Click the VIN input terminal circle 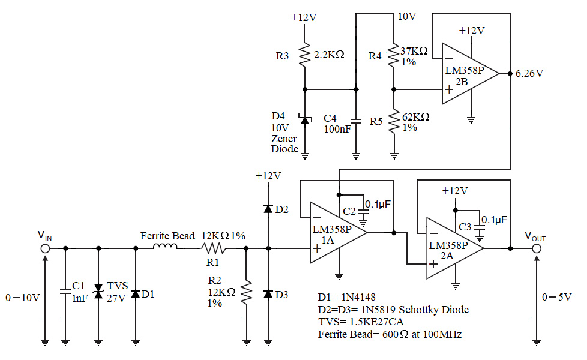point(45,248)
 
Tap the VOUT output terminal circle point(537,248)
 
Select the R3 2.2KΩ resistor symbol point(304,55)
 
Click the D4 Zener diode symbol point(304,121)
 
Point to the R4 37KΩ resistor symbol point(394,56)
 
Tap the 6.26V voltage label point(530,74)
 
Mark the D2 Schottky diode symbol point(268,209)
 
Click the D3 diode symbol point(268,294)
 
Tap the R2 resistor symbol point(246,294)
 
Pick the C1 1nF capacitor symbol point(65,293)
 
